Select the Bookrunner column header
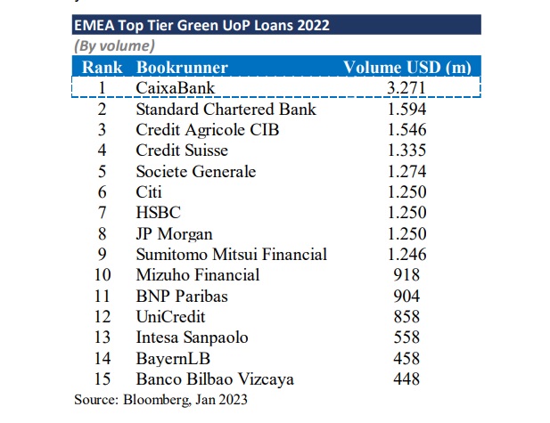coord(182,67)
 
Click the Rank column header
coord(102,67)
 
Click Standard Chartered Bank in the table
coord(226,110)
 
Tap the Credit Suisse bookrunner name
coord(181,150)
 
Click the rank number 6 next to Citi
coord(102,192)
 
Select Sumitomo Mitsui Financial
coord(231,255)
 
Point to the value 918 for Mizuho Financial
coord(406,275)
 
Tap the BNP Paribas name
coord(183,297)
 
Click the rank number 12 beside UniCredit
coord(102,317)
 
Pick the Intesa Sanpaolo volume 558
coord(406,338)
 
